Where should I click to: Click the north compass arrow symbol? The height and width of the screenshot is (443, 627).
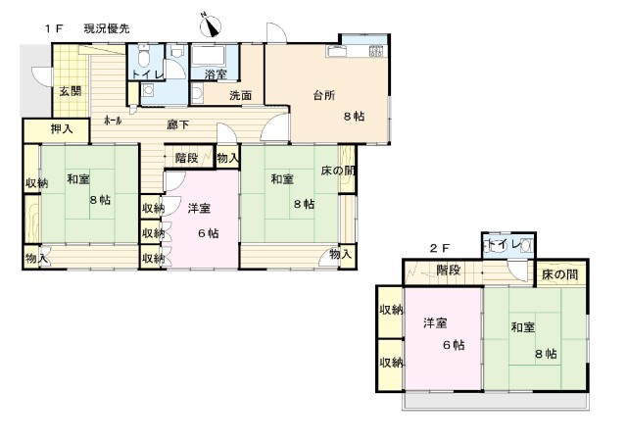[x=211, y=25]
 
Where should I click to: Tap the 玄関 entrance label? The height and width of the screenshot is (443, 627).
[x=71, y=91]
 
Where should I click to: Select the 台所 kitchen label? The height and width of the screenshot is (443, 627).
[x=324, y=96]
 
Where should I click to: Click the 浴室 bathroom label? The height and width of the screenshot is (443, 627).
[x=216, y=74]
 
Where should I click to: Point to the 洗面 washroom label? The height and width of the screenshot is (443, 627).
[x=240, y=96]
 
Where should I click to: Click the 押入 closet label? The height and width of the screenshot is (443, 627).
[x=62, y=128]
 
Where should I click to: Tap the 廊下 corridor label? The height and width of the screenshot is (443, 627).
[x=178, y=124]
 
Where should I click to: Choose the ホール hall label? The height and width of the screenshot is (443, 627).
[x=113, y=120]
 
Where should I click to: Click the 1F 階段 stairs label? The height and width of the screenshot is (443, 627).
[x=187, y=158]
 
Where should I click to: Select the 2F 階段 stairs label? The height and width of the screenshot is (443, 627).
[x=449, y=271]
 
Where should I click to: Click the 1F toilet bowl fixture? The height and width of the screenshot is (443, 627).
[x=144, y=57]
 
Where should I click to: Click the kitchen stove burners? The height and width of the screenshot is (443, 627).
[x=376, y=51]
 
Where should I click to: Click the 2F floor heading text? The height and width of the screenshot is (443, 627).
[x=440, y=249]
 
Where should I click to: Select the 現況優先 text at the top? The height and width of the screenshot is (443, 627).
[x=107, y=28]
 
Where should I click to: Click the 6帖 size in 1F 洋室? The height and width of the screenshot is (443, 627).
[x=209, y=233]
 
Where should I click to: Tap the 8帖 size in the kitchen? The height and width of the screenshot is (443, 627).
[x=354, y=117]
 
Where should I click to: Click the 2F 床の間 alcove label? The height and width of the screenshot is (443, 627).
[x=559, y=274]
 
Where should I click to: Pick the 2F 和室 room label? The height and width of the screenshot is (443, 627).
[x=522, y=327]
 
